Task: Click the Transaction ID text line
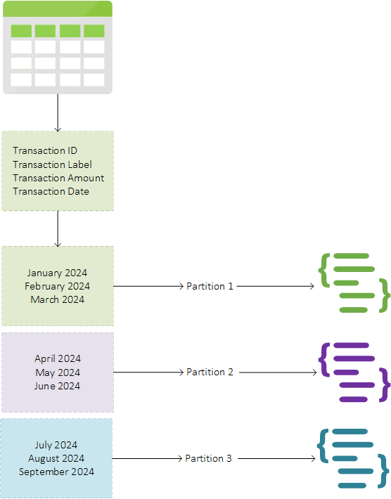pos(45,150)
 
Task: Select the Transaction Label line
pos(52,164)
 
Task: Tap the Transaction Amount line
pos(58,178)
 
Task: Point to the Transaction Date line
pos(51,191)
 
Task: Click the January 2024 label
pos(57,273)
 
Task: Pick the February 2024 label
pos(57,286)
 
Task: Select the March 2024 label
pos(57,299)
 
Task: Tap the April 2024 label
pos(58,358)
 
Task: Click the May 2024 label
pos(58,372)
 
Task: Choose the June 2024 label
pos(57,386)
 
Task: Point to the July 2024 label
pos(56,445)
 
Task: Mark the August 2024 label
pos(56,458)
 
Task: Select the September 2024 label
pos(56,472)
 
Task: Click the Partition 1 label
pos(210,286)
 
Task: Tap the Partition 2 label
pos(210,372)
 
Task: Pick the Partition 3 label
pos(209,458)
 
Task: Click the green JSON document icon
pos(354,283)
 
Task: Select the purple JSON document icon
pos(354,372)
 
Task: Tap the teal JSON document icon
pos(353,458)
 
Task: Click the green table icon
pos(58,47)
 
